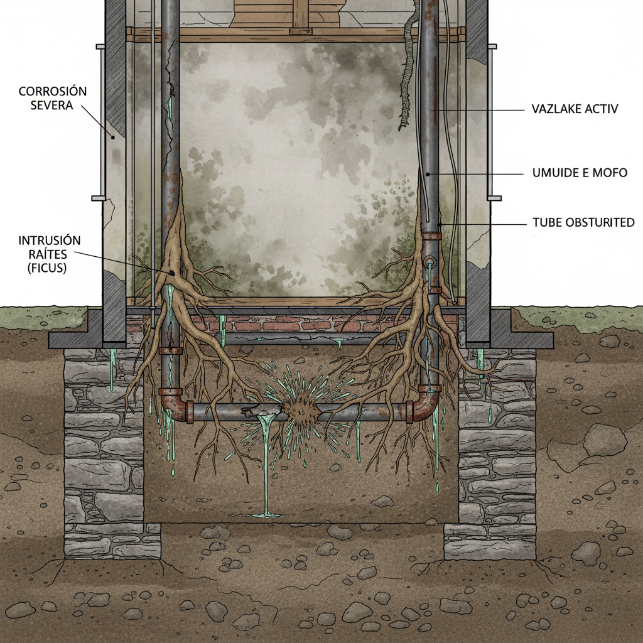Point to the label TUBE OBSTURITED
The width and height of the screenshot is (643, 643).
click(583, 223)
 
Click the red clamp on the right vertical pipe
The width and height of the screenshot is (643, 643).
click(431, 236)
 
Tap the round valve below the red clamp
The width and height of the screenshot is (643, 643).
click(430, 261)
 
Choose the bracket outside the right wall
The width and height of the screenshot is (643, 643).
click(492, 122)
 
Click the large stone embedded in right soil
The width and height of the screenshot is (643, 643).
click(604, 440)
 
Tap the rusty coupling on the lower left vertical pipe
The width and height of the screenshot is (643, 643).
click(170, 350)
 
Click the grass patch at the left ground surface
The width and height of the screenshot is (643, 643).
click(38, 317)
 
